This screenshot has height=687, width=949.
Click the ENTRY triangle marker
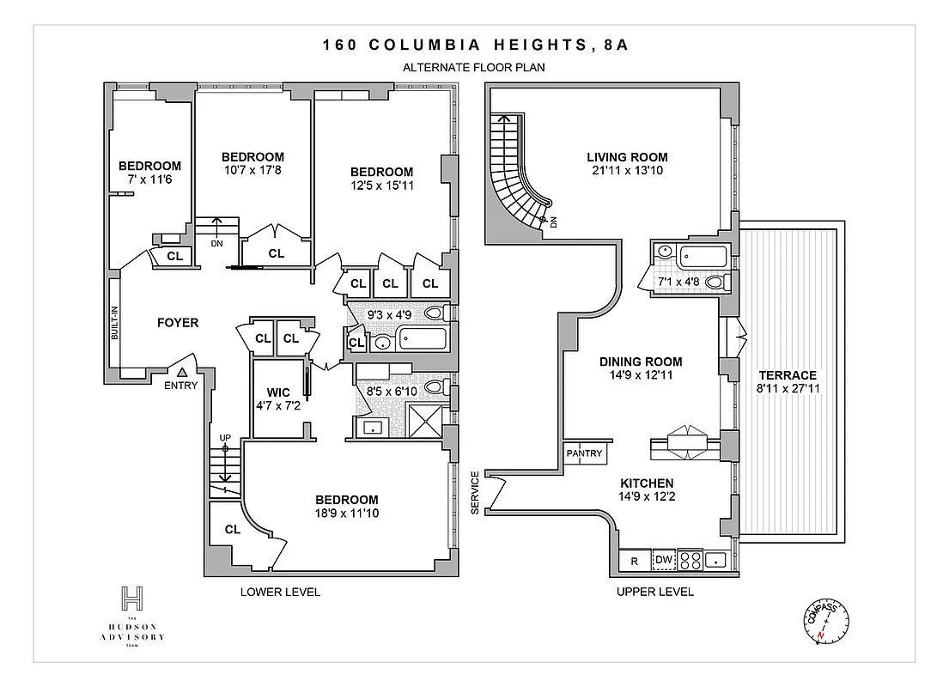point(182,372)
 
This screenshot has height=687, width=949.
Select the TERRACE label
point(787,375)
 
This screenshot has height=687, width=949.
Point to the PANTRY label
point(585,454)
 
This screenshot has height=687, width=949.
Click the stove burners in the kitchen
point(690,561)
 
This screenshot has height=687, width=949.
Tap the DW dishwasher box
point(663,561)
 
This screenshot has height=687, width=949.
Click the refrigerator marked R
point(634,562)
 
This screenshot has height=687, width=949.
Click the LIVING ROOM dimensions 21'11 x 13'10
point(627,171)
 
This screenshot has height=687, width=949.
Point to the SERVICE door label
point(475,493)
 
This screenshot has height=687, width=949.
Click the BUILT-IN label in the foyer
point(114,323)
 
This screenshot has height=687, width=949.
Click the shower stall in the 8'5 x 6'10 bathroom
point(423,423)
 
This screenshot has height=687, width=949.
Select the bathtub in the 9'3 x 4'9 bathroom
point(421,341)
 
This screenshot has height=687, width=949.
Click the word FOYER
point(178,323)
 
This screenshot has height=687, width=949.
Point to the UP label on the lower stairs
point(225,438)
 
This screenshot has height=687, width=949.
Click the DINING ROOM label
point(641,362)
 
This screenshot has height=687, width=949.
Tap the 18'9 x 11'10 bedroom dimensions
point(346,514)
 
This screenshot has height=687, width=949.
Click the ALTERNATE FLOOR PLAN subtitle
point(475,66)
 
